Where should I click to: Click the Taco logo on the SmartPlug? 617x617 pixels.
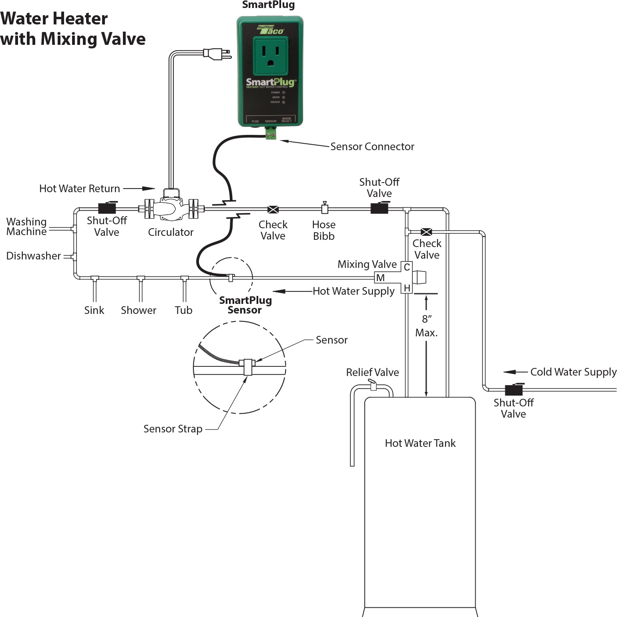(270, 30)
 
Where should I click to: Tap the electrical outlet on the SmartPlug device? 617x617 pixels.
(271, 56)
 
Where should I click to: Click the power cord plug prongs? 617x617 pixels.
(227, 54)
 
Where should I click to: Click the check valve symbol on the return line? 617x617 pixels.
(273, 209)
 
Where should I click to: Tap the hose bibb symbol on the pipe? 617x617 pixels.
(325, 208)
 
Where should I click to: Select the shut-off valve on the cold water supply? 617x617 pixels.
(514, 389)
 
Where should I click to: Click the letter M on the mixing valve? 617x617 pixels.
(380, 277)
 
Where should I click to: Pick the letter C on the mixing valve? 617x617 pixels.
(407, 267)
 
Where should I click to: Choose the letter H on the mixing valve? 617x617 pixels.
(407, 288)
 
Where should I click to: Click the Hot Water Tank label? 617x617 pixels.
(420, 443)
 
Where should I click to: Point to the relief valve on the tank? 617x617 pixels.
(373, 386)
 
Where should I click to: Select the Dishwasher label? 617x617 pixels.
(34, 256)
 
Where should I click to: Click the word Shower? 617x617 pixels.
(139, 310)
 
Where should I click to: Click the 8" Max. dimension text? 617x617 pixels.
(426, 326)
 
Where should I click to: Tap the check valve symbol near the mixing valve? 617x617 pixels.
(426, 232)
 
